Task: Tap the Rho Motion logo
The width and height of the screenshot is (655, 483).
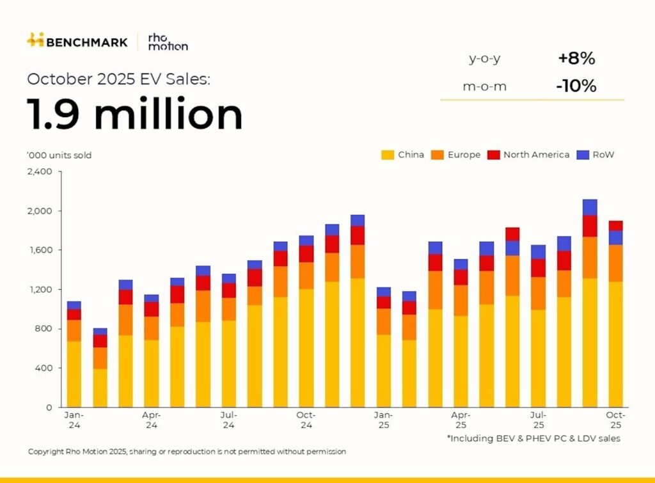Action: point(167,42)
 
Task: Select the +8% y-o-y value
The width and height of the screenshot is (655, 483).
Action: point(576,59)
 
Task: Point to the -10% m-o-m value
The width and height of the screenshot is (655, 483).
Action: point(576,86)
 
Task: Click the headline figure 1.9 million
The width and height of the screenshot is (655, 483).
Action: point(135,115)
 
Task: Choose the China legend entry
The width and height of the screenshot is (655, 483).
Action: point(403,155)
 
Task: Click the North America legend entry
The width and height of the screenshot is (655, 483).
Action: point(529,155)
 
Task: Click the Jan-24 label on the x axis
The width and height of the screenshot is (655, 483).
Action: point(74,420)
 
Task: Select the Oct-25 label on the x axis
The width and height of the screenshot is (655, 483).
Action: point(615,420)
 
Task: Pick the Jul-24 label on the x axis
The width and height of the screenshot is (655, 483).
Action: point(229,420)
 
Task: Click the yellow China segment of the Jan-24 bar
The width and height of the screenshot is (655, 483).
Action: point(74,374)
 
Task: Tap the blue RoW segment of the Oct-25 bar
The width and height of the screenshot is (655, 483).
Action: point(615,237)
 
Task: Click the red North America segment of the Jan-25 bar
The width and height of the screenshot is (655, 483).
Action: point(384,303)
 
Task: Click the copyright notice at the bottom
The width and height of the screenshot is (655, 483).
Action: point(187,452)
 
